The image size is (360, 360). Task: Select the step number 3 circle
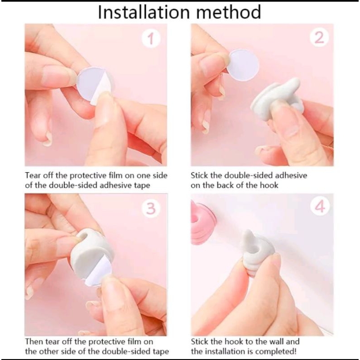point(151,209)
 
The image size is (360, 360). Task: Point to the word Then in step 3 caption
point(34,342)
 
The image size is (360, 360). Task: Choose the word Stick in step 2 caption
point(199,175)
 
